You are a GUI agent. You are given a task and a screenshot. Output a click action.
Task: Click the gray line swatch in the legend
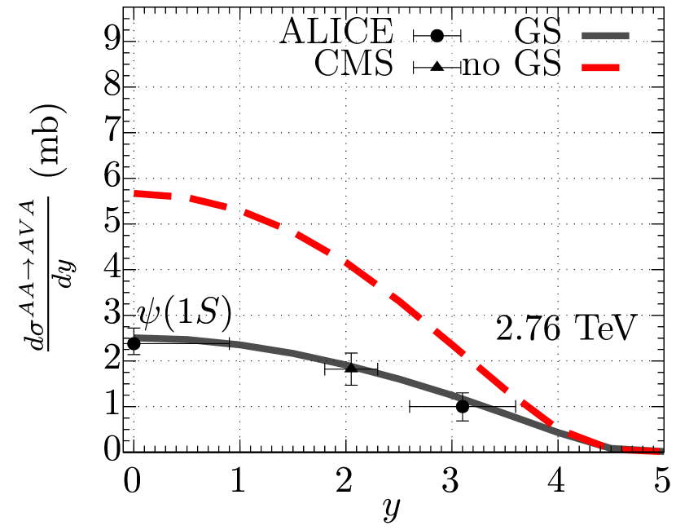point(605,36)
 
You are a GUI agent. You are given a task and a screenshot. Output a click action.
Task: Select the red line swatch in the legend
point(600,68)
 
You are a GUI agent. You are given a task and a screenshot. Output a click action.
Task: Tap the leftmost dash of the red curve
point(152,195)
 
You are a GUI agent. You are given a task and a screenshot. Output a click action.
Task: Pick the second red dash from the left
point(208,203)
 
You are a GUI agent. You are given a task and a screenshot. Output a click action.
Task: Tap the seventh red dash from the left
point(448,342)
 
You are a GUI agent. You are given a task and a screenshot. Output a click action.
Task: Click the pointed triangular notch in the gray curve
point(351,366)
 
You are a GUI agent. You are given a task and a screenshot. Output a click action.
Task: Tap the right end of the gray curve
point(661,449)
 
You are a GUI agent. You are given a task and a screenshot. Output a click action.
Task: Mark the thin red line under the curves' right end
point(644,453)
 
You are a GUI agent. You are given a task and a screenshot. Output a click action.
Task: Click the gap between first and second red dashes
point(180,197)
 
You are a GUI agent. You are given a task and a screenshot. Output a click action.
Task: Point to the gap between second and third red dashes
point(235,210)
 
